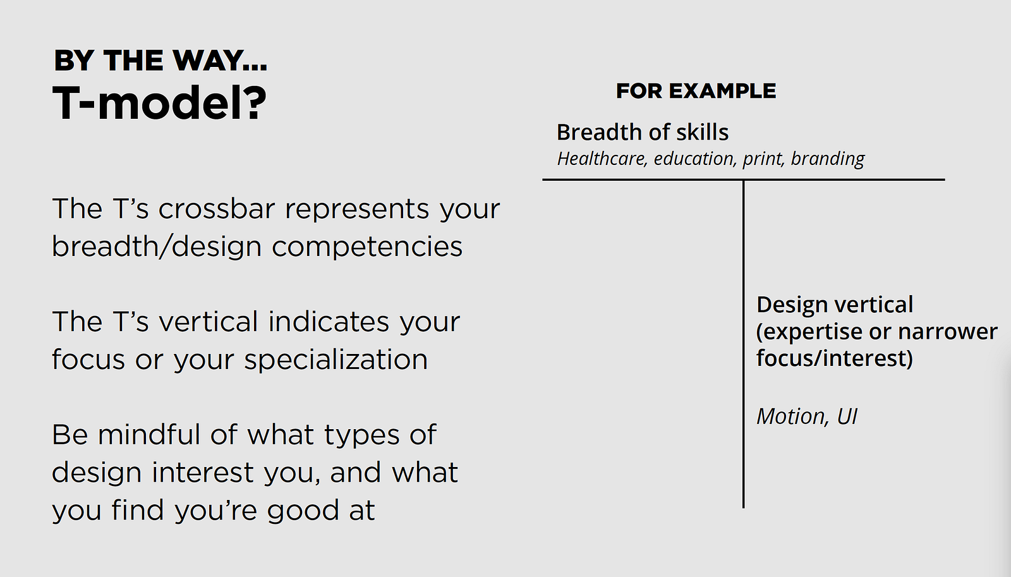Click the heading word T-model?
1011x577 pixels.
(x=159, y=102)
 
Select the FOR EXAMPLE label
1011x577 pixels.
(x=696, y=91)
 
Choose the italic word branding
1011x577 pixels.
(x=828, y=159)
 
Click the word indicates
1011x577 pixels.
(x=329, y=322)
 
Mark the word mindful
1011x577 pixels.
(x=148, y=434)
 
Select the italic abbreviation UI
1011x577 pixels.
(x=847, y=416)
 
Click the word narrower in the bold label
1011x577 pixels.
(x=947, y=331)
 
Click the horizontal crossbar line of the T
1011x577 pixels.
(x=744, y=179)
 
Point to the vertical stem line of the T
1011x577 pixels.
(x=743, y=344)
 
